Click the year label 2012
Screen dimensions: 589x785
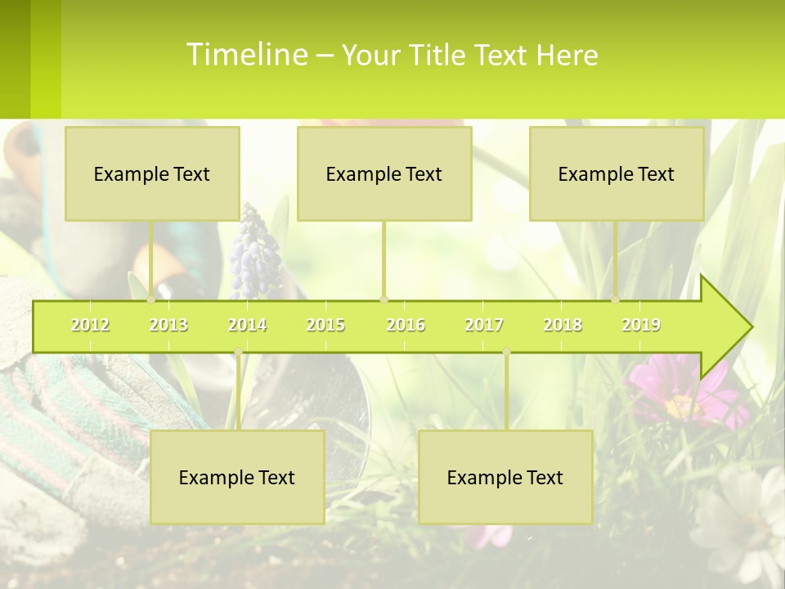[90, 326]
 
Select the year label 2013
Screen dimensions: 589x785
[168, 326]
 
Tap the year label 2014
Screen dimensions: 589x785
[247, 326]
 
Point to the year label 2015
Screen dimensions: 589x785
[325, 326]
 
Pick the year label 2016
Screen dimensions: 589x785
[406, 326]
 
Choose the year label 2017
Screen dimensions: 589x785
[484, 326]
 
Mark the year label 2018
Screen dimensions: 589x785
[563, 326]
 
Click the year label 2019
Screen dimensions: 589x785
[641, 326]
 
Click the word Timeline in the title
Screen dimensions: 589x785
[246, 55]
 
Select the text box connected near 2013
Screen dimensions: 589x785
[152, 173]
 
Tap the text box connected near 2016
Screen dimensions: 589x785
[384, 173]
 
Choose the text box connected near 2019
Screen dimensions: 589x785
[617, 173]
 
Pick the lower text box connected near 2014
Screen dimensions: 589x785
[237, 477]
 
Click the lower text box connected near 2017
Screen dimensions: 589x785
[505, 477]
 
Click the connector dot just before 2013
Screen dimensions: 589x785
[151, 299]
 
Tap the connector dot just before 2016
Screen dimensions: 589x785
[384, 299]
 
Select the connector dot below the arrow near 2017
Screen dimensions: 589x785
[506, 352]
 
